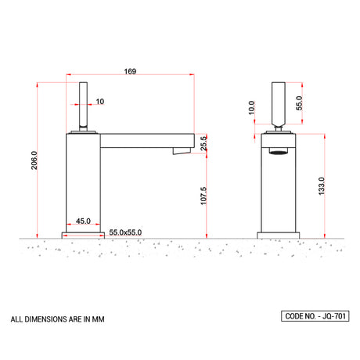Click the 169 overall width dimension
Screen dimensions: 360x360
click(130, 71)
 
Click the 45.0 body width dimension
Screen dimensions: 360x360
click(83, 221)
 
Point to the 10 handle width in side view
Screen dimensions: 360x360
click(100, 101)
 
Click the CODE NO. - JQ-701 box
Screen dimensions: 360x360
click(315, 316)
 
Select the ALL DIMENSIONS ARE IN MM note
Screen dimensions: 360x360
click(57, 319)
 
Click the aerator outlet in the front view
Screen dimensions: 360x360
click(279, 148)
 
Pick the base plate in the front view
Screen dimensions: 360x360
click(279, 234)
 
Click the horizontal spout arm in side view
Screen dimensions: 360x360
click(145, 139)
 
